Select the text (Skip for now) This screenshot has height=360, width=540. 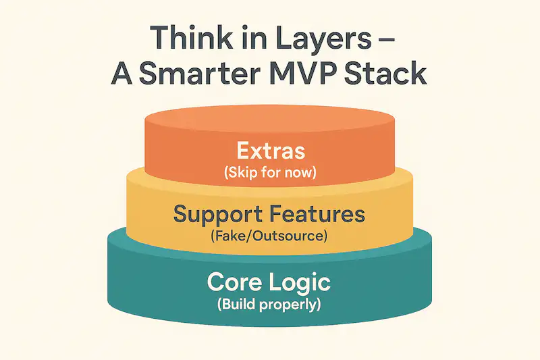269,172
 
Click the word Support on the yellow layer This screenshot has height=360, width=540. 215,215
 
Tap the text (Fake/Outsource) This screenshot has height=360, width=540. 269,237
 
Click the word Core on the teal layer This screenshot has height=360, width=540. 236,282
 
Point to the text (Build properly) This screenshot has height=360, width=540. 269,305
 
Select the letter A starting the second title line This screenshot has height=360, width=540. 124,73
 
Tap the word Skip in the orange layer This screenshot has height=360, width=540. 240,172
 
